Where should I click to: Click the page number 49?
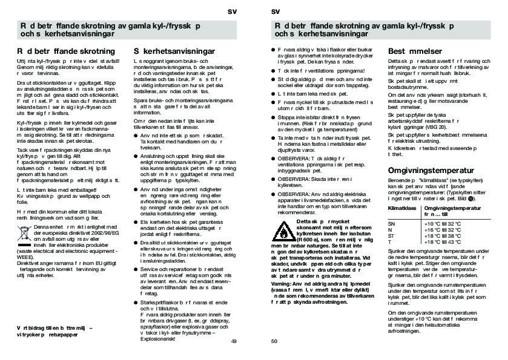pyautogui.click(x=234, y=341)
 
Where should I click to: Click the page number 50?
pyautogui.click(x=274, y=341)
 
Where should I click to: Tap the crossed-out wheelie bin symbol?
pyautogui.click(x=24, y=231)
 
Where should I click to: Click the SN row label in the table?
pyautogui.click(x=391, y=224)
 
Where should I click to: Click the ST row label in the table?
pyautogui.click(x=391, y=236)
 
